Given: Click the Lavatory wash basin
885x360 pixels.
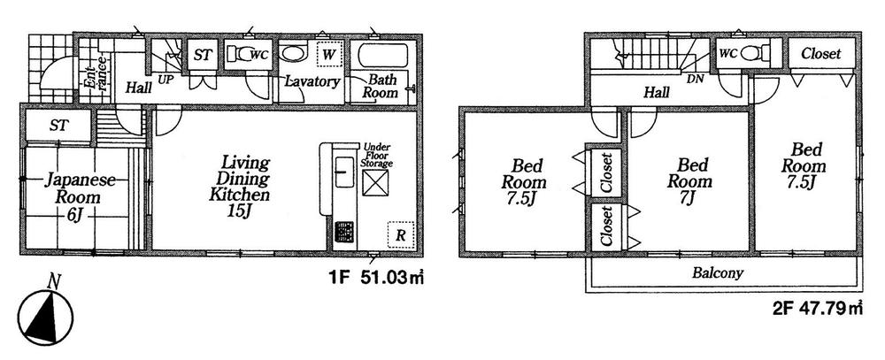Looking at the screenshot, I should pyautogui.click(x=293, y=53).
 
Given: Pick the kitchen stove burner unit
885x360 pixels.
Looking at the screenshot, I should pyautogui.click(x=342, y=234).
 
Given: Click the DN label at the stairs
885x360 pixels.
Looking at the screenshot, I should pyautogui.click(x=696, y=79).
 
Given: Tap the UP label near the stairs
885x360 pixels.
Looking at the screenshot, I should pyautogui.click(x=165, y=80).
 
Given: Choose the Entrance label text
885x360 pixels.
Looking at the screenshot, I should pyautogui.click(x=93, y=73).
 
